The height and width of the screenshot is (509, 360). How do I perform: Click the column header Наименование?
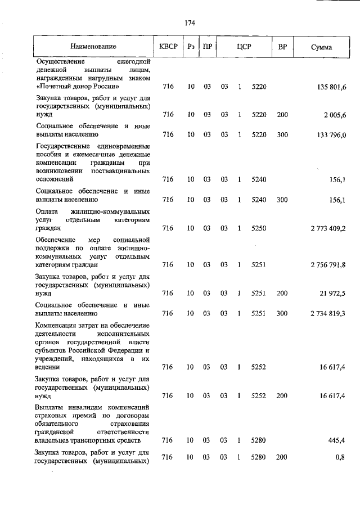[93, 47]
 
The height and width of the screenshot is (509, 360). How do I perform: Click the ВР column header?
[282, 47]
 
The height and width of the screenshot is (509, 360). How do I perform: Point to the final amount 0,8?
[340, 457]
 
